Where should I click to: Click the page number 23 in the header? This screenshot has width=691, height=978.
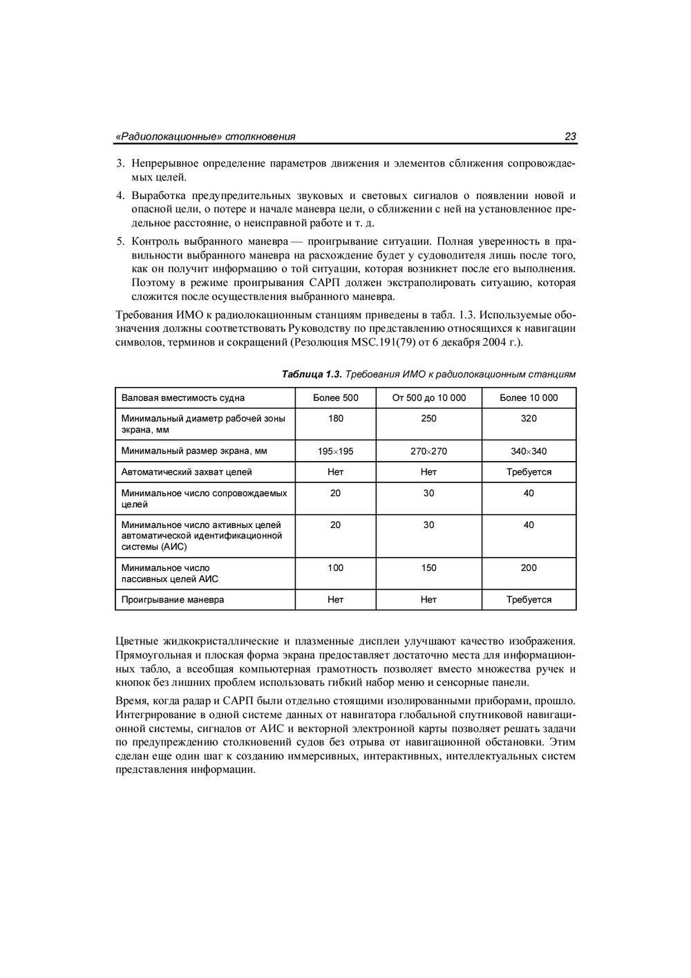tap(570, 137)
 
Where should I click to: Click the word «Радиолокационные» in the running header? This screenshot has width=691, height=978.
tap(169, 137)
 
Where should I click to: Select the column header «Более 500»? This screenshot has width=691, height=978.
tap(336, 397)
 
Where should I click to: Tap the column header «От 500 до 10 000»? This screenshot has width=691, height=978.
tap(428, 397)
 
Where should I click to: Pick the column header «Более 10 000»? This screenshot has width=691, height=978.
tap(529, 397)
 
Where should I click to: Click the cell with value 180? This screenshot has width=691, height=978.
tap(336, 418)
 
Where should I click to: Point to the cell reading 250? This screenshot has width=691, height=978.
tap(428, 418)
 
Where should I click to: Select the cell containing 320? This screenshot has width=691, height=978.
tap(529, 418)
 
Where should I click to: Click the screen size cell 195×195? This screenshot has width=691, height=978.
tap(336, 451)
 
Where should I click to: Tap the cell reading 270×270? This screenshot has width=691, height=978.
tap(428, 451)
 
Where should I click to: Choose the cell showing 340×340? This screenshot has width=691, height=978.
tap(529, 451)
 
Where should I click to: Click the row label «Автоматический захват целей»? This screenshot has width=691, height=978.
tap(187, 472)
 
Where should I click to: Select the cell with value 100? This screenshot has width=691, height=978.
tap(336, 568)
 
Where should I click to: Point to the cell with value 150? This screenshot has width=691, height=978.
tap(428, 568)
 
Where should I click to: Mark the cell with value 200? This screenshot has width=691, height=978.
tap(529, 568)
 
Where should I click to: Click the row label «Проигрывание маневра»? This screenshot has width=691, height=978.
tap(173, 600)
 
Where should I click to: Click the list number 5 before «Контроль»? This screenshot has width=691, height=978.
tap(119, 241)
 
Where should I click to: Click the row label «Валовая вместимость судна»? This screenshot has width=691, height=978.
tap(183, 397)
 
